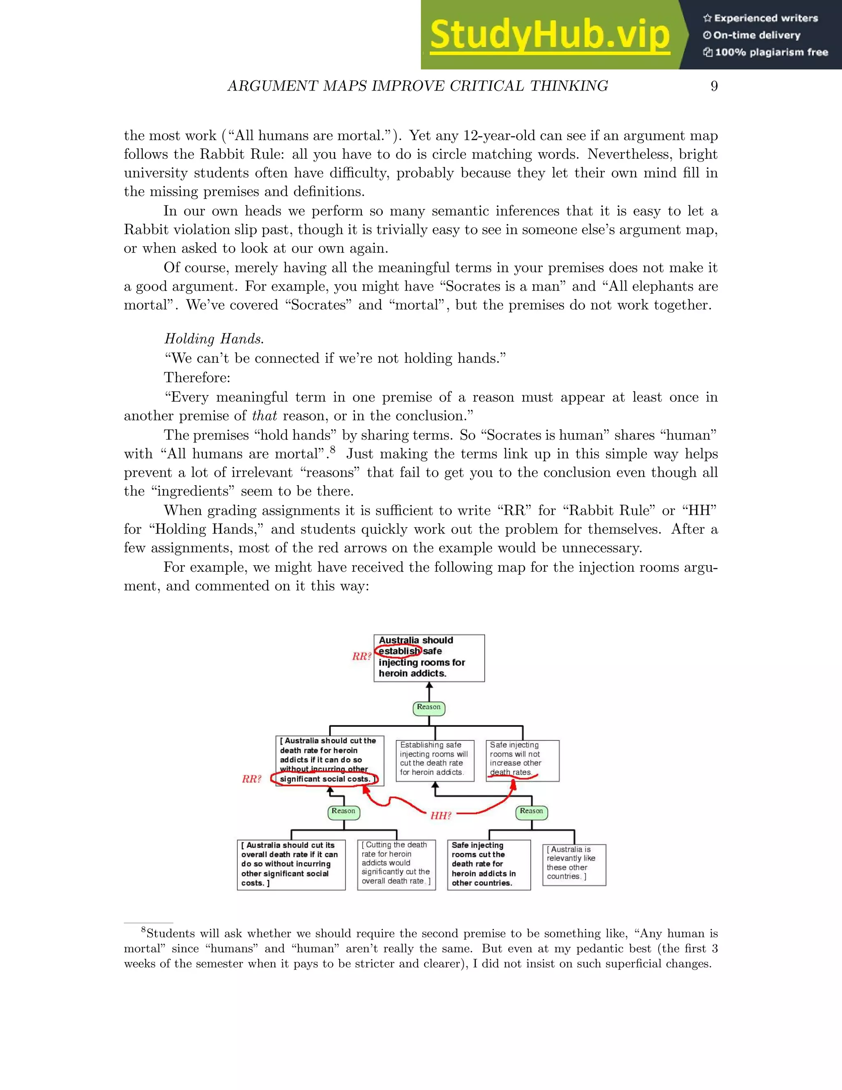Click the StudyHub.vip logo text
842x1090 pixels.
pyautogui.click(x=549, y=35)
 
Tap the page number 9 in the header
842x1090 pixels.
pyautogui.click(x=714, y=86)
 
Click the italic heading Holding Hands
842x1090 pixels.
pyautogui.click(x=214, y=339)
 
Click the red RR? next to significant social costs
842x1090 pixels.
pyautogui.click(x=251, y=779)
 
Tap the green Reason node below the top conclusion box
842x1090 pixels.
pyautogui.click(x=429, y=707)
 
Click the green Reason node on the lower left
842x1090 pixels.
pyautogui.click(x=343, y=811)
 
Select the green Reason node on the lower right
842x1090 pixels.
pyautogui.click(x=531, y=811)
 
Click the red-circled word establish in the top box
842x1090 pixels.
pyautogui.click(x=399, y=651)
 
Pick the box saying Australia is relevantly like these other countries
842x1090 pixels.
pyautogui.click(x=574, y=865)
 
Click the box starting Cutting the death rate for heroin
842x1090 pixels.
pyautogui.click(x=396, y=865)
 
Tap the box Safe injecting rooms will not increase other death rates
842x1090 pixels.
pyautogui.click(x=522, y=760)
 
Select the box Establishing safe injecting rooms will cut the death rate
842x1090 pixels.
pyautogui.click(x=435, y=760)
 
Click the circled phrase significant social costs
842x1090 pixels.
pyautogui.click(x=325, y=779)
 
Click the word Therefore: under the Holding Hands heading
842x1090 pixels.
pyautogui.click(x=197, y=377)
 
